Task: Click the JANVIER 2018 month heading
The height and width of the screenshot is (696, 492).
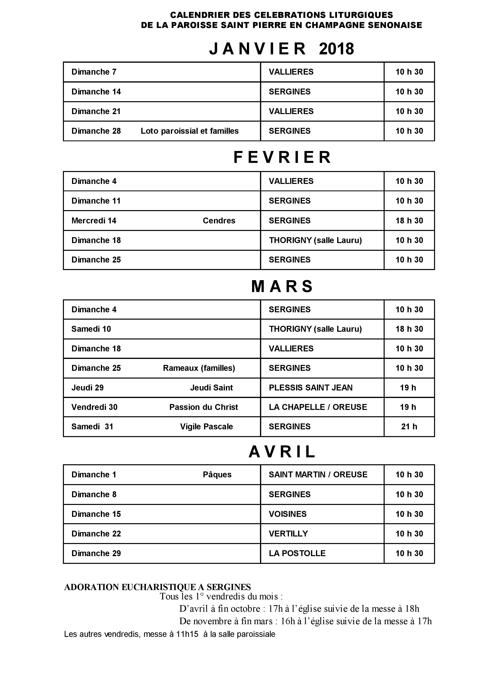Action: (281, 49)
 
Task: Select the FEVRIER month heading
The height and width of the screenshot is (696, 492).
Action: (282, 157)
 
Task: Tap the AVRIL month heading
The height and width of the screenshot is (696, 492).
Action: (282, 452)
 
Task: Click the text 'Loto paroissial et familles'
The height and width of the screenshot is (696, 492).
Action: (190, 131)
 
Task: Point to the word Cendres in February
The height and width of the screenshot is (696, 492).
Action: (219, 221)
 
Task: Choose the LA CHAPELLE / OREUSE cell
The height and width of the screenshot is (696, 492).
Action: (318, 407)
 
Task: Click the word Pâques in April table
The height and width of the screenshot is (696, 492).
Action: (217, 475)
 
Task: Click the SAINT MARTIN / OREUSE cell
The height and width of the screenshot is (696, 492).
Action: (318, 475)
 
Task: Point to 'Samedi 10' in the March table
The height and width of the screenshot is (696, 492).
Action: (91, 329)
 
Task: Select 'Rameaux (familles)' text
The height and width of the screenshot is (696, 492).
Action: (199, 368)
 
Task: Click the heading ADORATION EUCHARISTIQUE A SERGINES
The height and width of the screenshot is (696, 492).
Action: (157, 587)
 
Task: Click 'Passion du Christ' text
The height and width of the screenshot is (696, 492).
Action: (203, 407)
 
